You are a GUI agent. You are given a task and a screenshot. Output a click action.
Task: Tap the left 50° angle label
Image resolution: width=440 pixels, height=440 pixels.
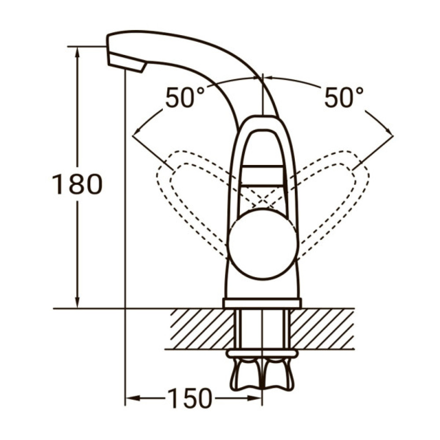185,98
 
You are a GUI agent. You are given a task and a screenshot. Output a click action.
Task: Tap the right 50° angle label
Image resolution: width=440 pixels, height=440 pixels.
344,98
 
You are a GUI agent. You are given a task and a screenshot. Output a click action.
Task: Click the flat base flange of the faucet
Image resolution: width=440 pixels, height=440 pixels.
262,303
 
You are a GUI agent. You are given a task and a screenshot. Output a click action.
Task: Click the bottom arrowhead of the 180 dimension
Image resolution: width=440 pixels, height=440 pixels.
78,304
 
